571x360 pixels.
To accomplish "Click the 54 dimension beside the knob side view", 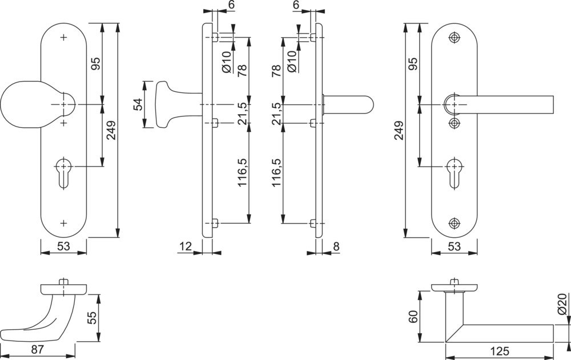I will coord(137,104).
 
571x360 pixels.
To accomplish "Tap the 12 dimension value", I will coord(185,246).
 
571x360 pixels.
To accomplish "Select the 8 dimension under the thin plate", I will coord(336,246).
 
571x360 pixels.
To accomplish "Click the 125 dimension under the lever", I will coord(499,351).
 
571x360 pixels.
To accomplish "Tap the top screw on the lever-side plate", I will coord(455,38).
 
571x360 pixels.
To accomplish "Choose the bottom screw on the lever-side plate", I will coord(455,223).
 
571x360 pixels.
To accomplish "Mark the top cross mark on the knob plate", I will coord(63,38).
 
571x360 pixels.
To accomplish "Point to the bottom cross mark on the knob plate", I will coord(63,223).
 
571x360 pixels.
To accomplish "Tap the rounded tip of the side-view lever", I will coord(368,104).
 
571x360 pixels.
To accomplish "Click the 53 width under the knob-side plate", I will coord(63,246).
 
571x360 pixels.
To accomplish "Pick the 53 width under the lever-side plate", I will coord(455,246).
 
